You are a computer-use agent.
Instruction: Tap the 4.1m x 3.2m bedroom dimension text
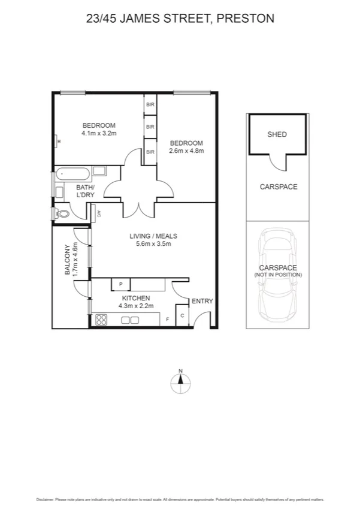coord(99,134)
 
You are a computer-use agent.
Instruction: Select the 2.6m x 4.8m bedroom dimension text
coord(187,151)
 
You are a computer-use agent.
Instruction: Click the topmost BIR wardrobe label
coord(150,104)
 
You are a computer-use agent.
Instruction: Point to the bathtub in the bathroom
coord(72,176)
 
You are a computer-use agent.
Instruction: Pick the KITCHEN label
coord(136,298)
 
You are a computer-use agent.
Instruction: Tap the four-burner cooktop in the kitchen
coord(101,320)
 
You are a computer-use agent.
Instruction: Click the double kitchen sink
coord(132,321)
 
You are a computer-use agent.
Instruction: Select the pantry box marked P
coord(120,284)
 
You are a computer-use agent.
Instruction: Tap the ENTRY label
coord(201,302)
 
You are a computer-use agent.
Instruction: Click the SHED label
coord(277,134)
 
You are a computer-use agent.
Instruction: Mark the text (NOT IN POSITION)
coord(278,275)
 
